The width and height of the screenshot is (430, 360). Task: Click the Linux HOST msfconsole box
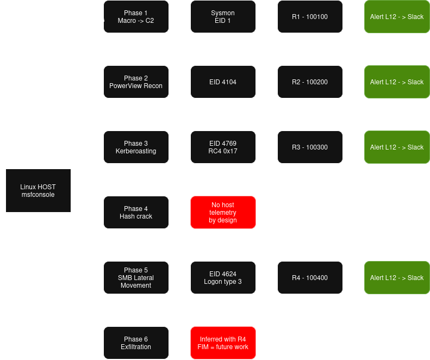[x=38, y=190]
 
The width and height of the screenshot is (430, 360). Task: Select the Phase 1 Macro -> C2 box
[x=136, y=16]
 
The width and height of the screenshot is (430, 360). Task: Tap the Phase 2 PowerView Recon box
[x=136, y=82]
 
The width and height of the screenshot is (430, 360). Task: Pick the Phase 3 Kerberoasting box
[x=136, y=147]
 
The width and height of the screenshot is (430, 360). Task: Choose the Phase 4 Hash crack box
[x=136, y=213]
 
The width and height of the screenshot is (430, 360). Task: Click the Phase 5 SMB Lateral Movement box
[x=136, y=278]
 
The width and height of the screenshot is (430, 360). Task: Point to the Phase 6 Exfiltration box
[x=136, y=343]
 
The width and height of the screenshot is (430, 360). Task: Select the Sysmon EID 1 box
[x=223, y=16]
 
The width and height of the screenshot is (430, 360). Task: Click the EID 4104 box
[x=223, y=82]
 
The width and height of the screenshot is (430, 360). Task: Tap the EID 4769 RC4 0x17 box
[x=223, y=147]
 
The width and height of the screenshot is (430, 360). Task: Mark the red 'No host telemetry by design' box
[x=223, y=213]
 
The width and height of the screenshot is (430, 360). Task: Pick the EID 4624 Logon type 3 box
[x=223, y=278]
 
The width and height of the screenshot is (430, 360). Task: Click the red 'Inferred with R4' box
[x=223, y=343]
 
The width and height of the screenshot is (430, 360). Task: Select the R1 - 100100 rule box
[x=310, y=16]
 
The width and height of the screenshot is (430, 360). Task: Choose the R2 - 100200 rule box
[x=310, y=82]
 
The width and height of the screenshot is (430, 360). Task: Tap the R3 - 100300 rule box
[x=310, y=147]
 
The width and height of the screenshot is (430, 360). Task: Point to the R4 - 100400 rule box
[x=310, y=278]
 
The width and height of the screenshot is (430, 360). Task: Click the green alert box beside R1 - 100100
[x=397, y=16]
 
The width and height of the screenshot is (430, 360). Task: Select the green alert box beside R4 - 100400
[x=397, y=278]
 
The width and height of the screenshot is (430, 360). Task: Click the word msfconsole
[x=38, y=195]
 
